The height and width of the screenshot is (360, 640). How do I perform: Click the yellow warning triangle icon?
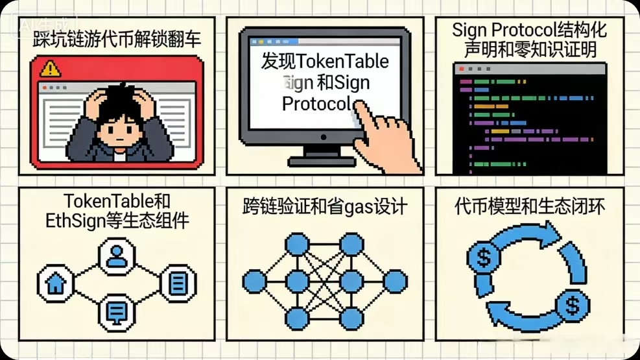(x=50, y=68)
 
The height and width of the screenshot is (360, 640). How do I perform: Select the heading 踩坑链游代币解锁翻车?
(x=117, y=38)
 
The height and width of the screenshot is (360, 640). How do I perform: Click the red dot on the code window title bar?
(x=462, y=68)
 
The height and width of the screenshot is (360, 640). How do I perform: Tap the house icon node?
(x=56, y=284)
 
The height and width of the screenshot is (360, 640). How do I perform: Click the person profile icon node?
(x=117, y=256)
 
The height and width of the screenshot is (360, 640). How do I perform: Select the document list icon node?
(x=178, y=283)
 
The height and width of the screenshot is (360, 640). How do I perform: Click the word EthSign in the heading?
(x=77, y=221)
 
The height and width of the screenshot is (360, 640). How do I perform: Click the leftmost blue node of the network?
(x=254, y=282)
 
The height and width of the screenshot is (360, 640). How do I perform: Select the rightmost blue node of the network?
(x=395, y=282)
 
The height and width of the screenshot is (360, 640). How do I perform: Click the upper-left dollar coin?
(x=484, y=259)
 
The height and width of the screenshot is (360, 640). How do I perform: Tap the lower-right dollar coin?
(x=572, y=304)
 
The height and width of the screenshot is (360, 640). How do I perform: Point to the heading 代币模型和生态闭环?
(x=529, y=207)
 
